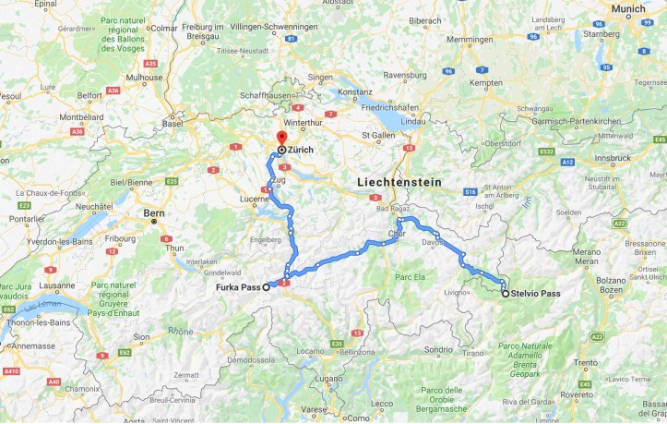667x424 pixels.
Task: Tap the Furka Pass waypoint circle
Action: [x=267, y=287]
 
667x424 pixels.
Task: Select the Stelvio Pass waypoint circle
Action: [x=505, y=294]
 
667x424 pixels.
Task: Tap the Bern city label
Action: [x=154, y=212]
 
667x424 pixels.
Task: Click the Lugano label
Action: [x=327, y=379]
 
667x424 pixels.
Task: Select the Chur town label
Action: [x=397, y=235]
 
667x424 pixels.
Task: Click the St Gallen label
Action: [x=379, y=136]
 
